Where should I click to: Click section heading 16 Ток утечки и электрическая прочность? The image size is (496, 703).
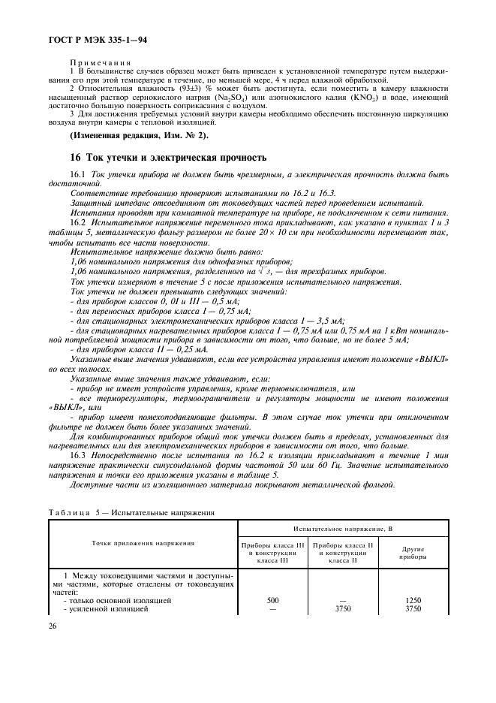click(168, 158)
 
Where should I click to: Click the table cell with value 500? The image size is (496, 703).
click(272, 601)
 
